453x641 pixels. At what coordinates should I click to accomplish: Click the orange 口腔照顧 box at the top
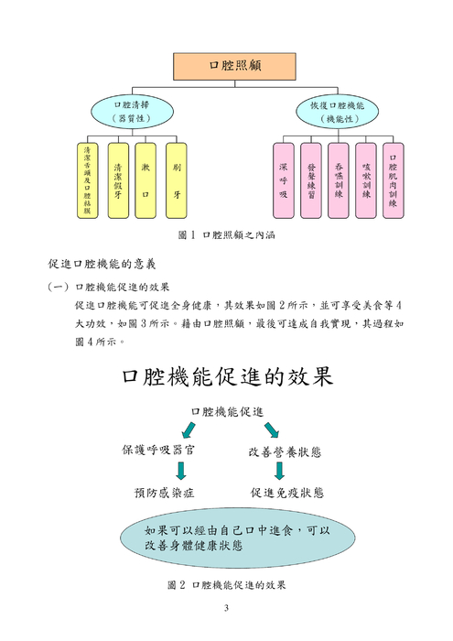click(227, 65)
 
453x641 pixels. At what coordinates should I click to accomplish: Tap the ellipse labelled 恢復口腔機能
click(330, 112)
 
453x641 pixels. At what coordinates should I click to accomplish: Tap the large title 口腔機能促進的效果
click(227, 376)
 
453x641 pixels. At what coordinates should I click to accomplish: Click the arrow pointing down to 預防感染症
click(180, 471)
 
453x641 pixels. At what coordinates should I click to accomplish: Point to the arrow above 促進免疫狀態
click(280, 471)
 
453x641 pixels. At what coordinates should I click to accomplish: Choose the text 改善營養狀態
click(289, 451)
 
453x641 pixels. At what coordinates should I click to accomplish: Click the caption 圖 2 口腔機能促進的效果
click(227, 583)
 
